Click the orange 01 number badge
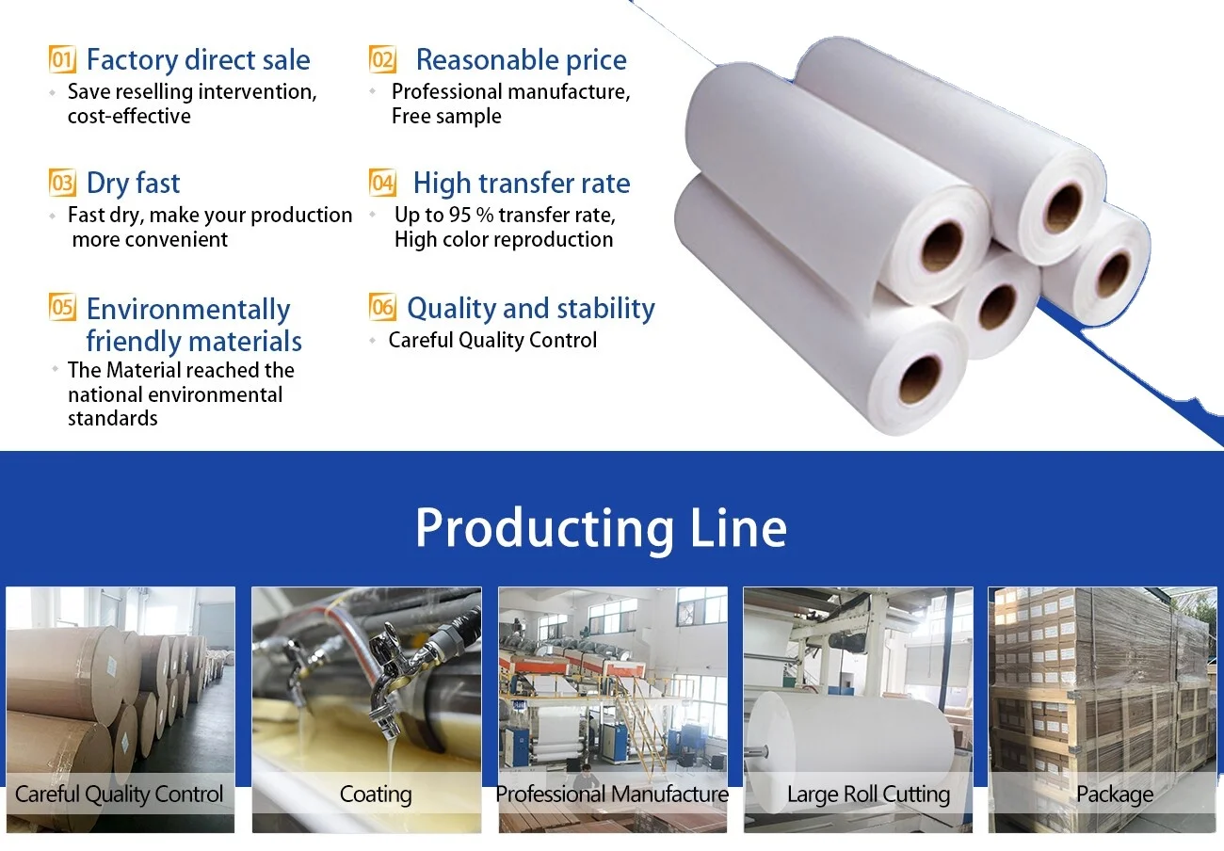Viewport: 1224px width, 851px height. [x=62, y=60]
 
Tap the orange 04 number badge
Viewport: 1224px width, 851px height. [x=382, y=183]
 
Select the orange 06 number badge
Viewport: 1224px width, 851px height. [x=382, y=308]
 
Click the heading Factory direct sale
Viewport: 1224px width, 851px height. [x=198, y=60]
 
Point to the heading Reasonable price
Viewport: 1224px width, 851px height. [x=521, y=60]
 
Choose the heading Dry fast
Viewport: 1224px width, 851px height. [x=133, y=183]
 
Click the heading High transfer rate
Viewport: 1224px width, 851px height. [x=522, y=183]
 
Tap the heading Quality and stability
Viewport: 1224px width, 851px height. [x=531, y=308]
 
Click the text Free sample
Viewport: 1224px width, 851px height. [x=446, y=116]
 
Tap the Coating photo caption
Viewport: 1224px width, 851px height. [x=376, y=795]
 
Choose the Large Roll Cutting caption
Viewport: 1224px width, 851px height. [x=868, y=795]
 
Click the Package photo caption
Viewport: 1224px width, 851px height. [x=1115, y=795]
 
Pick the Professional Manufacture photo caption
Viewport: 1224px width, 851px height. [x=612, y=795]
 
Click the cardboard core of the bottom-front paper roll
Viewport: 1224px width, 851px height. [x=919, y=379]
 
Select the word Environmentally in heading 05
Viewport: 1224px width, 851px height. [x=188, y=309]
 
